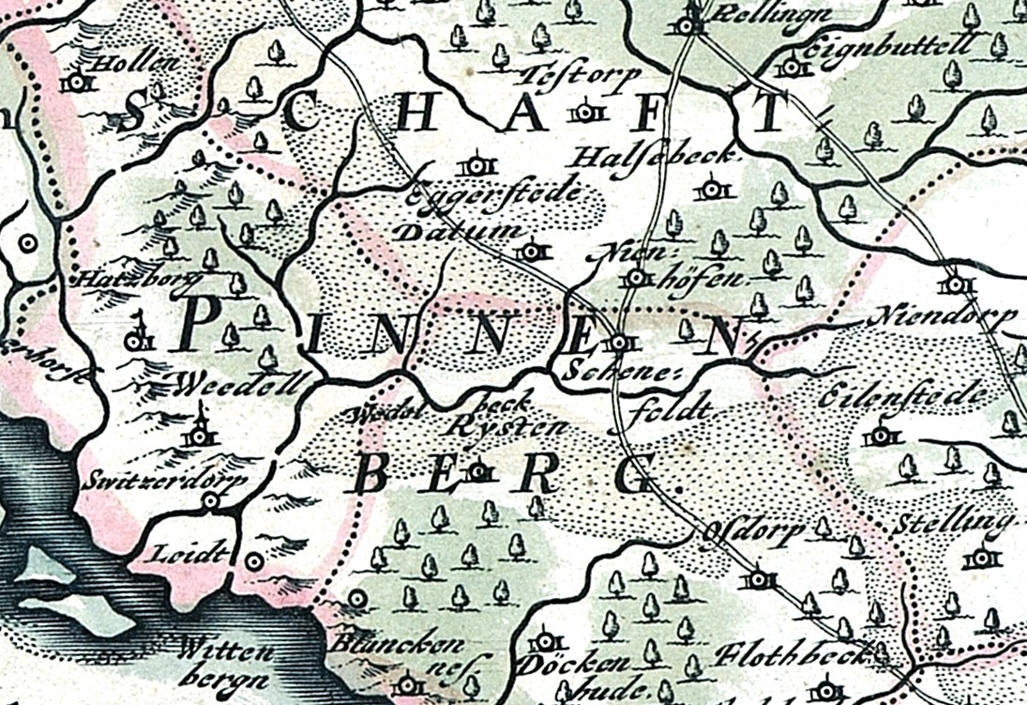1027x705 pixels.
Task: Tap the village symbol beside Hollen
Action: (x=76, y=84)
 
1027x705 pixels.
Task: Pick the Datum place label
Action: (x=451, y=232)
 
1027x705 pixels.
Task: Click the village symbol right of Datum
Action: (x=531, y=252)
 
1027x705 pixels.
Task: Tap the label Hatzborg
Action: (x=127, y=279)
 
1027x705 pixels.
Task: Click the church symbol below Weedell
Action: (x=199, y=432)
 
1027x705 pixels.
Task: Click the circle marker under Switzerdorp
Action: (x=210, y=501)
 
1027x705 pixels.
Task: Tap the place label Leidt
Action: (x=188, y=552)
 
